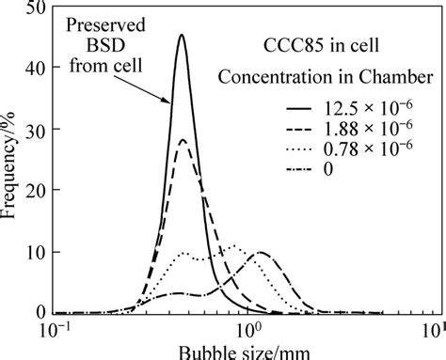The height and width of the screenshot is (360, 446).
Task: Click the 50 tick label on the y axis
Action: tap(37, 9)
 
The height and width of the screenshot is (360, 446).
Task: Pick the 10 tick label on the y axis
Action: tap(37, 252)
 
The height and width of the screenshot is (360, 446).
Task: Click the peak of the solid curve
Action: tap(182, 36)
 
